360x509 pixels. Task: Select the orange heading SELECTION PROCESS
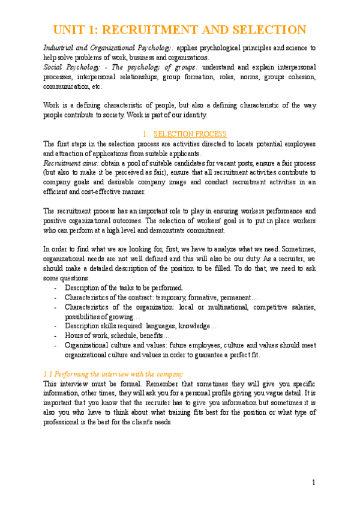point(190,134)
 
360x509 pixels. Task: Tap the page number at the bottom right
point(313,483)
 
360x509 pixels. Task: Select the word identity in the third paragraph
point(193,115)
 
